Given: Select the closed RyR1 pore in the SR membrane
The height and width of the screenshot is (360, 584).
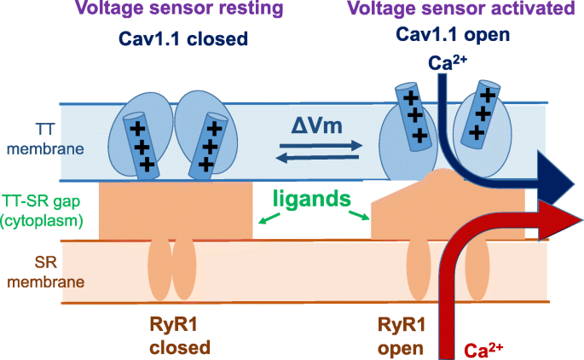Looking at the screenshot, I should tap(171, 266).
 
